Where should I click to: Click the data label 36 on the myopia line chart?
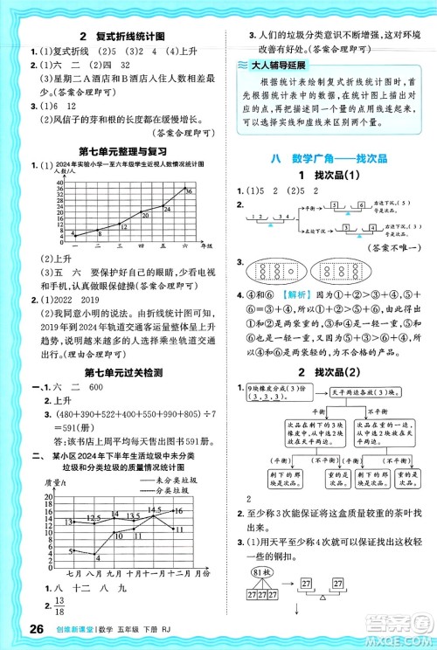click(188, 188)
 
